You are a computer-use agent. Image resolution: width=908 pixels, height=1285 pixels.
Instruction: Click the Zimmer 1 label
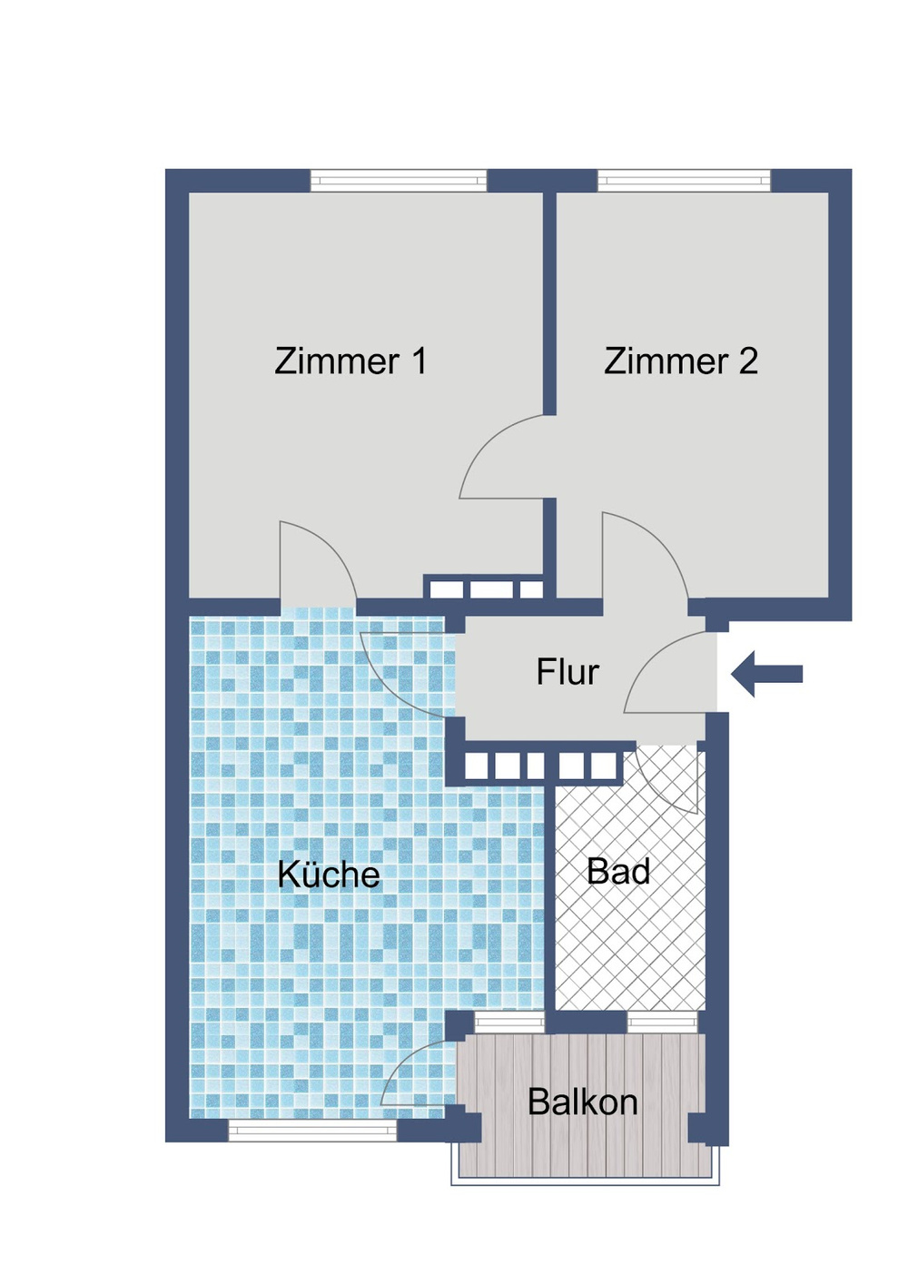(350, 361)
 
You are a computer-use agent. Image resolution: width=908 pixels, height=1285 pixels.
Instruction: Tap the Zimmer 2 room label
(681, 361)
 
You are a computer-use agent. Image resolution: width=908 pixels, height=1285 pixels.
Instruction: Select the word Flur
(567, 672)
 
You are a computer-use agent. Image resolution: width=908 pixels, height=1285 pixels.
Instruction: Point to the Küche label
(329, 875)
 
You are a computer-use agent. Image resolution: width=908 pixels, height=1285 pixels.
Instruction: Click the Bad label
(618, 872)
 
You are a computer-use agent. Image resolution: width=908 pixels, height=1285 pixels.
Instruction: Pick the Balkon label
(582, 1102)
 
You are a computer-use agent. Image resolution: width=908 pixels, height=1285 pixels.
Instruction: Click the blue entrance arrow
(767, 674)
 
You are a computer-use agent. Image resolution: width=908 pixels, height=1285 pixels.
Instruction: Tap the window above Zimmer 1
(399, 181)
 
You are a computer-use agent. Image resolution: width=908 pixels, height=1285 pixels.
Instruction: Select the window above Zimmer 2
(684, 181)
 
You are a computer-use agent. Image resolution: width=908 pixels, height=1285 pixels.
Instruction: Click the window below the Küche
(312, 1131)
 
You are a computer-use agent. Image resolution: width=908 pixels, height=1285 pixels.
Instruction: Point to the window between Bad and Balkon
(662, 1023)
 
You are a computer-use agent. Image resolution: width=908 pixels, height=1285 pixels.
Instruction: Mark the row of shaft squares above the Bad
(541, 766)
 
